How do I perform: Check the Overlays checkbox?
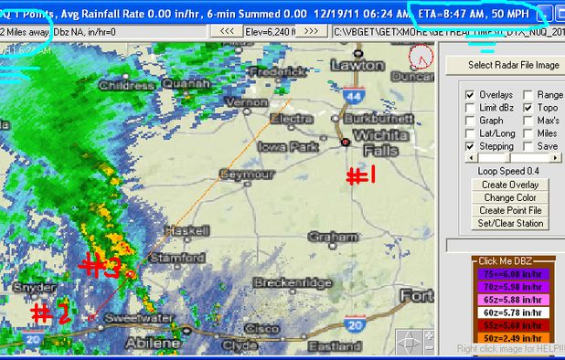tap(470, 95)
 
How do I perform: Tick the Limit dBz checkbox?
tap(470, 108)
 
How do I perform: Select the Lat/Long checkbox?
tap(470, 133)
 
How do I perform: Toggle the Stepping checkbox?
tap(470, 146)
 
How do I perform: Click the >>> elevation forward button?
tap(312, 30)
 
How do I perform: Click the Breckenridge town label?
tap(292, 283)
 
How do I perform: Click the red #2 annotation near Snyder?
tap(51, 313)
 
